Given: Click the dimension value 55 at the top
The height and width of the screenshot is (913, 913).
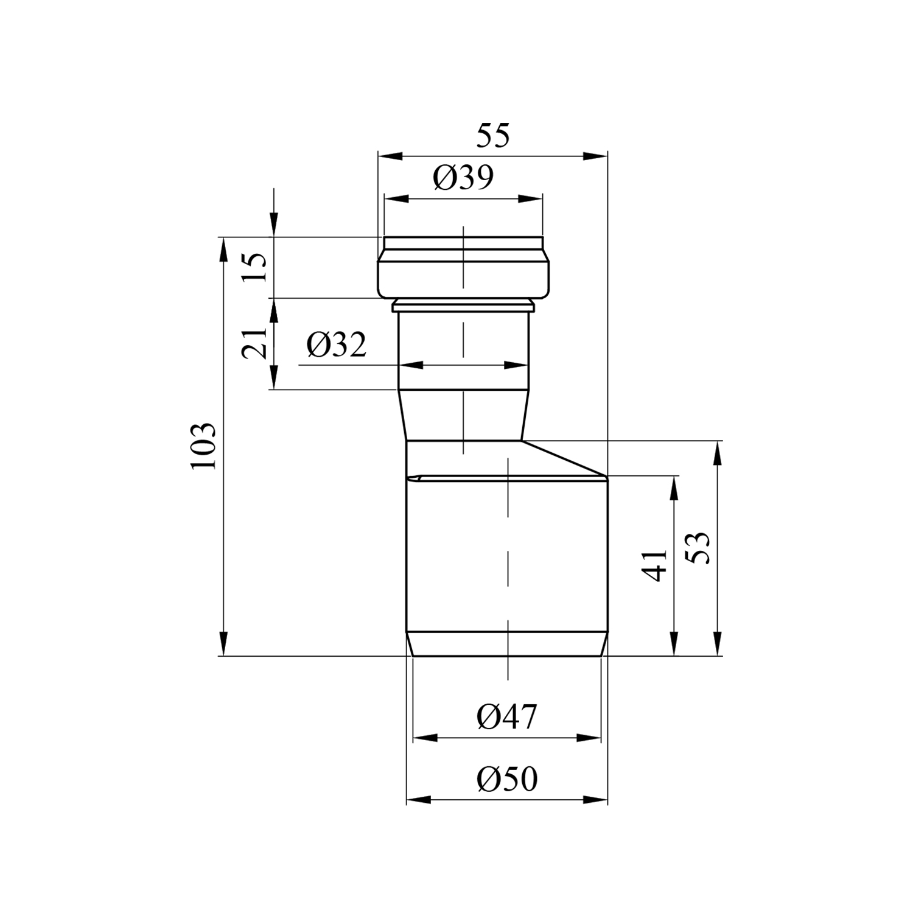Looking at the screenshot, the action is (492, 136).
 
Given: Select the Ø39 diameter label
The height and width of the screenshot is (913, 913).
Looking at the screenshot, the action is (463, 178).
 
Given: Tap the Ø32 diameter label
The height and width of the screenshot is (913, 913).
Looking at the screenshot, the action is (337, 345).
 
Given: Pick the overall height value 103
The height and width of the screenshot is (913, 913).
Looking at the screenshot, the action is (203, 446).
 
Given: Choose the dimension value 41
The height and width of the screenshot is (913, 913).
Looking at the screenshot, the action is (655, 565).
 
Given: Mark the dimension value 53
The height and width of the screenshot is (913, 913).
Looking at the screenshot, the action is (698, 548).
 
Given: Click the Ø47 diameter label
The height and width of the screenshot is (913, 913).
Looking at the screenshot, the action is (507, 716).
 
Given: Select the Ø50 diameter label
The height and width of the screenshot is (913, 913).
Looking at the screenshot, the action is (507, 778).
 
